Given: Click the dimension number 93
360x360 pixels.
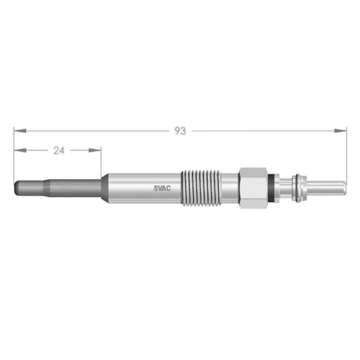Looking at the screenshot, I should coord(180,130).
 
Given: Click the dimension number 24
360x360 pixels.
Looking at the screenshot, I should coord(58,150).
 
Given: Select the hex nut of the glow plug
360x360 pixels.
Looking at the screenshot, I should coord(253,187).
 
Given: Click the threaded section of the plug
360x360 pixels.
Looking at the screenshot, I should coord(202,187).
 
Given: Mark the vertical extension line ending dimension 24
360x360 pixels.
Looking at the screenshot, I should coord(101,161).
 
